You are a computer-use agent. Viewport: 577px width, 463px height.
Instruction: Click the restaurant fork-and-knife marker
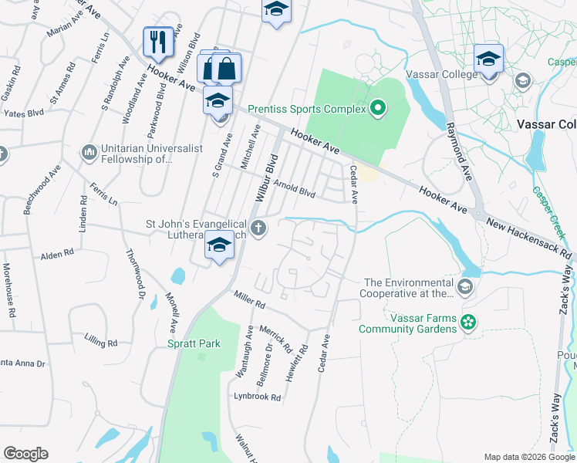pyautogui.click(x=158, y=42)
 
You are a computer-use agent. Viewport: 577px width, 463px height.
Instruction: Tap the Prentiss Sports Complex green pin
pyautogui.click(x=378, y=108)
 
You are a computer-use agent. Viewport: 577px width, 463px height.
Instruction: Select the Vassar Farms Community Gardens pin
pyautogui.click(x=467, y=323)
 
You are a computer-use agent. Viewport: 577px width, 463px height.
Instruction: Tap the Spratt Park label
pyautogui.click(x=194, y=343)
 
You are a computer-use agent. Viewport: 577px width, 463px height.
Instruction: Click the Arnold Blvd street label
pyautogui.click(x=295, y=188)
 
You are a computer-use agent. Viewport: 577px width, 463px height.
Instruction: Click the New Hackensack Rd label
pyautogui.click(x=531, y=238)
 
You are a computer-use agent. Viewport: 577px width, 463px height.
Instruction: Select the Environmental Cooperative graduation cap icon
pyautogui.click(x=465, y=289)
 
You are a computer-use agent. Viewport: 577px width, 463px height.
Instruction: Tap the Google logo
pyautogui.click(x=26, y=454)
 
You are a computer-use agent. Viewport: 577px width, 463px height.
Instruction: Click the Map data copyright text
pyautogui.click(x=528, y=457)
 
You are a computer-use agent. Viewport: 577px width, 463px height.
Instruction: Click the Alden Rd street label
pyautogui.click(x=57, y=253)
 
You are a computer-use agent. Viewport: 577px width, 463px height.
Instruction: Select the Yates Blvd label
pyautogui.click(x=24, y=113)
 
